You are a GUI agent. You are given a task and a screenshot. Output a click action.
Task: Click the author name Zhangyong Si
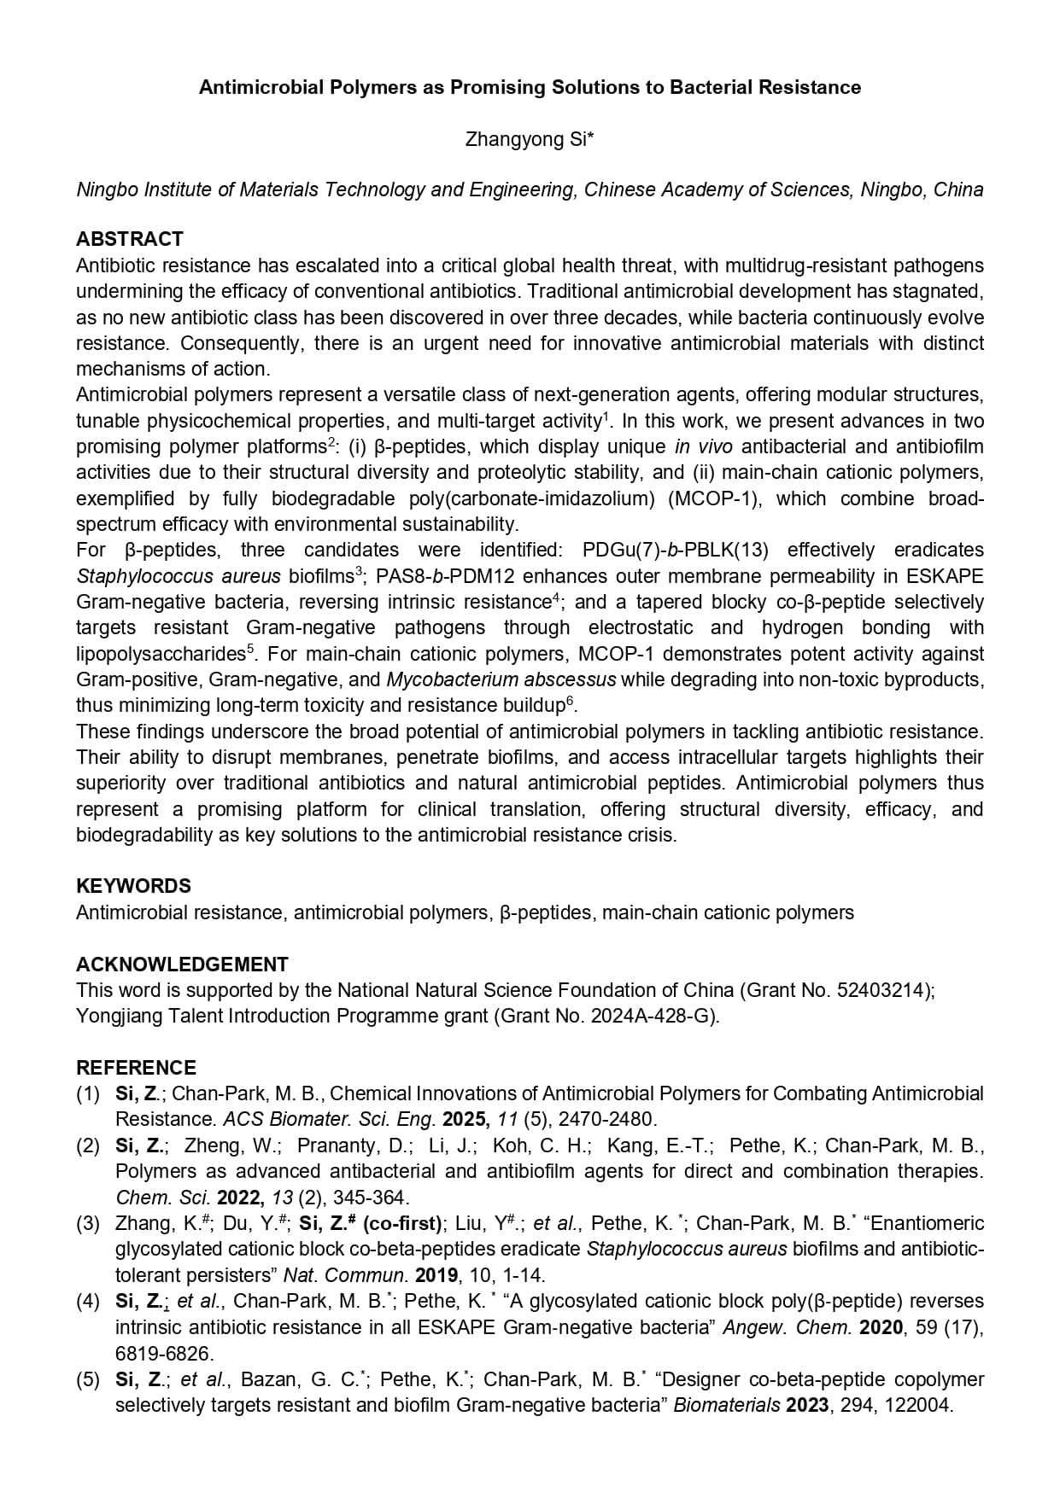tap(525, 139)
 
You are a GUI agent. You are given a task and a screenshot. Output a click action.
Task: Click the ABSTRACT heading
tap(130, 239)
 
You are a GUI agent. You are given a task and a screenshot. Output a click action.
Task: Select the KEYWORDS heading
tap(133, 886)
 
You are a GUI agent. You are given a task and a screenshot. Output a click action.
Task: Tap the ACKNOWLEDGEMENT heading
tap(182, 965)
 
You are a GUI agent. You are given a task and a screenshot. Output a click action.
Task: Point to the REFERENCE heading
tap(136, 1068)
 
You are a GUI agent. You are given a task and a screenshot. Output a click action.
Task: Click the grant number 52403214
tap(884, 990)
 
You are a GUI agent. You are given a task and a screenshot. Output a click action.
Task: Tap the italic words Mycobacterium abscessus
tap(501, 679)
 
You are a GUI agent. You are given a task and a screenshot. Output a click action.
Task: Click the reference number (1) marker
tap(88, 1093)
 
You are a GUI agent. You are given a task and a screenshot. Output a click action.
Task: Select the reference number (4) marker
tap(88, 1301)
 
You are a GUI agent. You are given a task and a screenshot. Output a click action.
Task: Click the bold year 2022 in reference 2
tap(238, 1198)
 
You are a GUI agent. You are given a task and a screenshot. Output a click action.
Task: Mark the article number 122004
tap(917, 1405)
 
